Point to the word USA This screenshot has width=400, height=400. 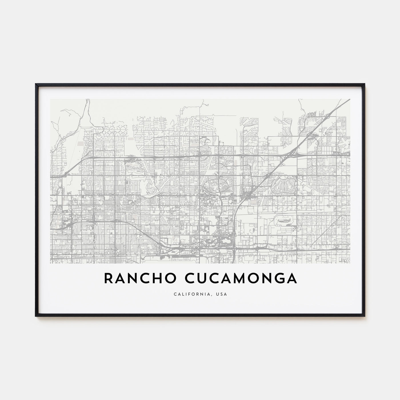[222, 294]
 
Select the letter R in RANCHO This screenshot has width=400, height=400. [109, 279]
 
